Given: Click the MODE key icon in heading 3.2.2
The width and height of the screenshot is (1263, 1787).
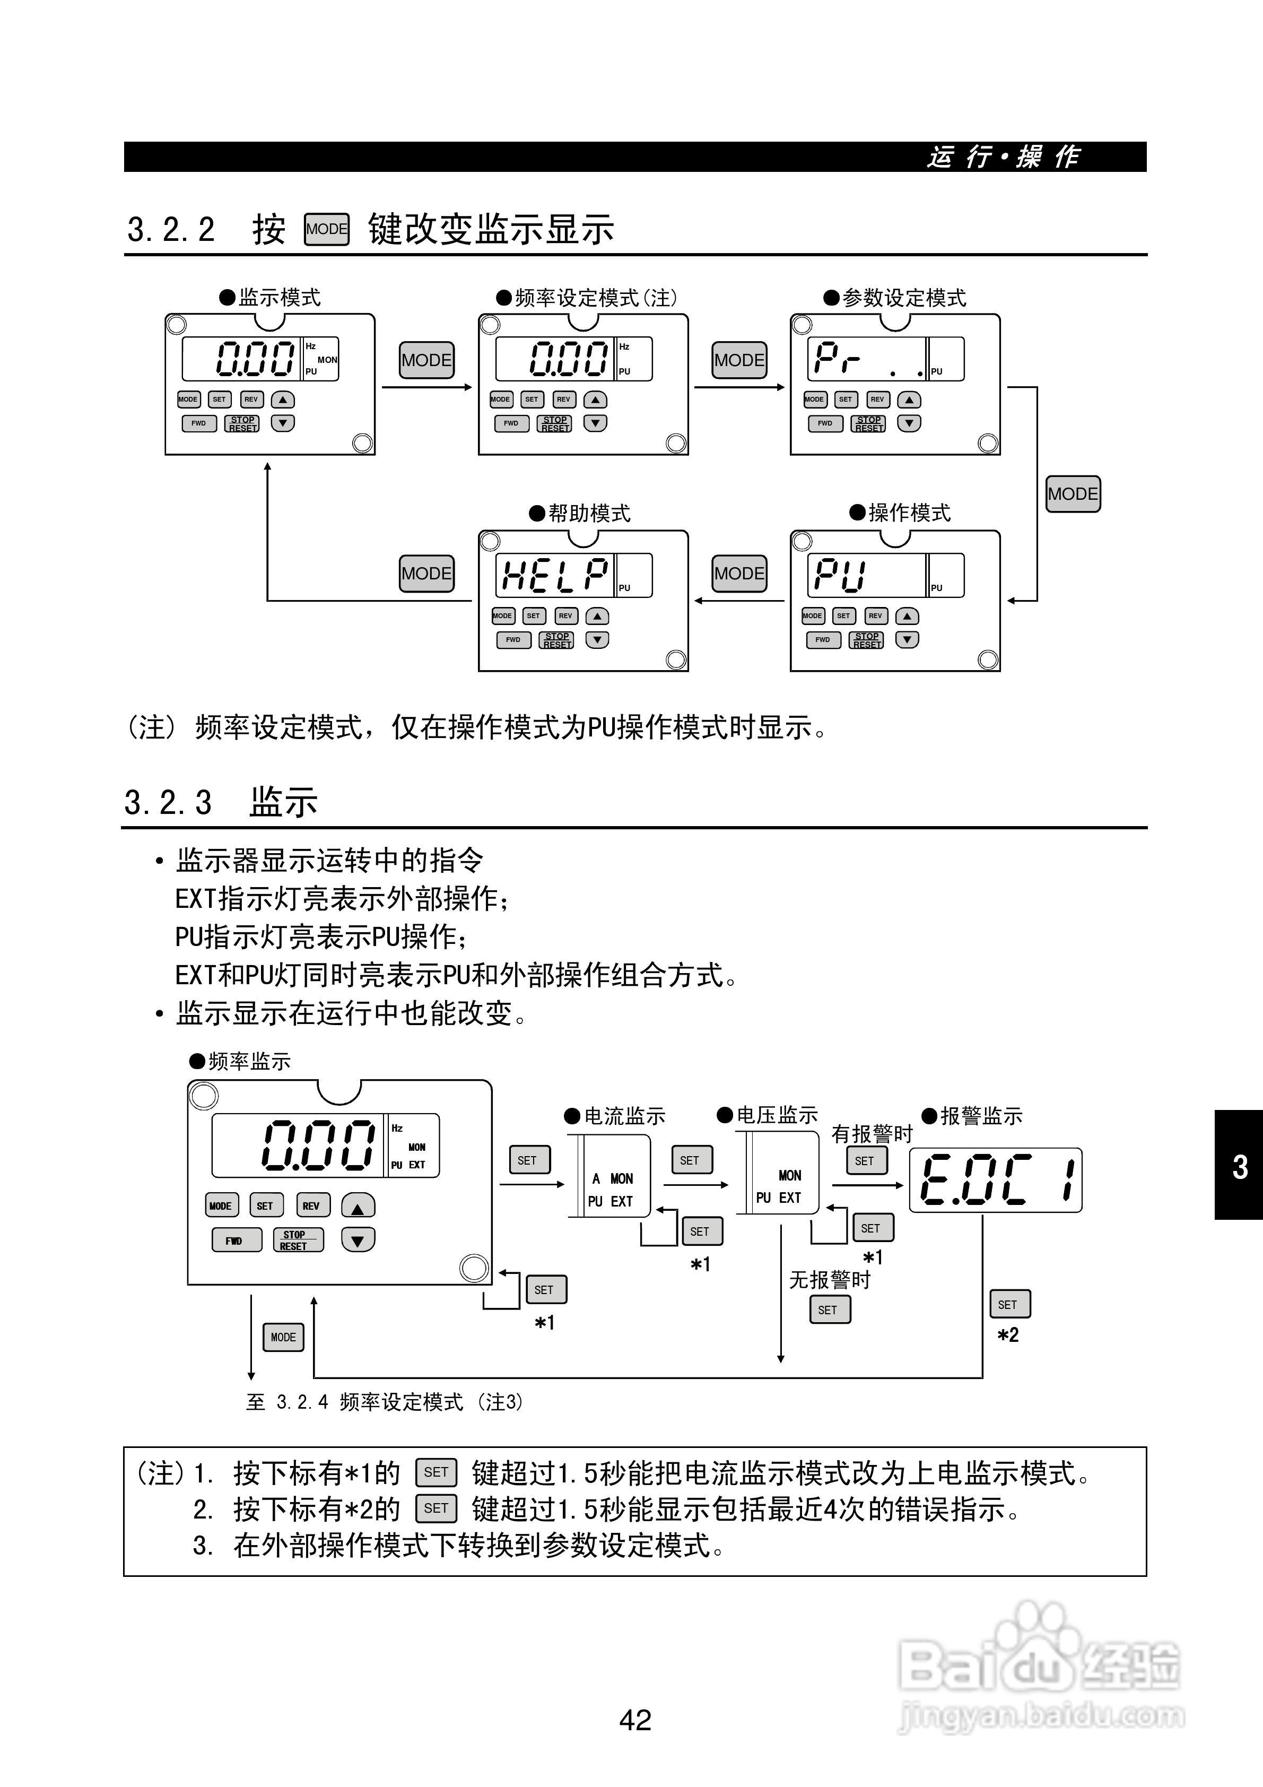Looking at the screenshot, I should click(326, 230).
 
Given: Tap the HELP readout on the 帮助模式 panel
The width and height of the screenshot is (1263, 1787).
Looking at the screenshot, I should click(554, 575).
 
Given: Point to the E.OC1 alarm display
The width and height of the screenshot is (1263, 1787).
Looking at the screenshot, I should click(995, 1180).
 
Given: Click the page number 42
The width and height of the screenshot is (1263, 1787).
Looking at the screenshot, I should click(635, 1719).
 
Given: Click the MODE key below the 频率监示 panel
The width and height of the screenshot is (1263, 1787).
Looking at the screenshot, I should click(283, 1337).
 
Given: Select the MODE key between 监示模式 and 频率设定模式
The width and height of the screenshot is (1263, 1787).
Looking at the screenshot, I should click(426, 360).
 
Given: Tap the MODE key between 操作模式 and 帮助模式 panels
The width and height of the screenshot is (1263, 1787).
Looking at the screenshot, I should click(739, 574).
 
